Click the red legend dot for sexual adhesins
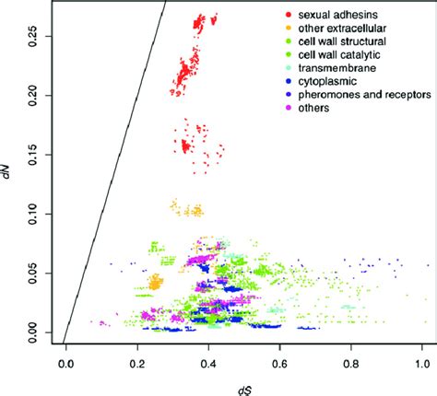pyautogui.click(x=289, y=17)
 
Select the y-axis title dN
pyautogui.click(x=8, y=170)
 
